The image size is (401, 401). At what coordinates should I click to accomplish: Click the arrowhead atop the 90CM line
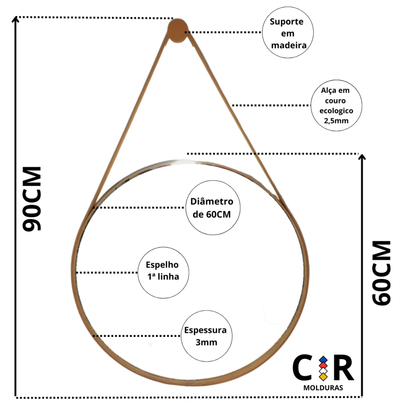(x=16, y=19)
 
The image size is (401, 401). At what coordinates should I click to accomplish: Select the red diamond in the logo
(x=323, y=365)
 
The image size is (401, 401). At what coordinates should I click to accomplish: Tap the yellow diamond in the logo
(x=323, y=377)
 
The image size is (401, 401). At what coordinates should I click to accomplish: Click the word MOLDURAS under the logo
(x=323, y=388)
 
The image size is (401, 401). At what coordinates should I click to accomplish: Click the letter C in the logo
(x=304, y=368)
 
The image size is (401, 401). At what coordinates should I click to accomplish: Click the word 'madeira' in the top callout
(x=289, y=45)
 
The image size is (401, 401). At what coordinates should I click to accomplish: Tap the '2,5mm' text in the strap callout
(x=336, y=121)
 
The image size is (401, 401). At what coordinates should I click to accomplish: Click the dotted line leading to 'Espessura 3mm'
(x=137, y=336)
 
